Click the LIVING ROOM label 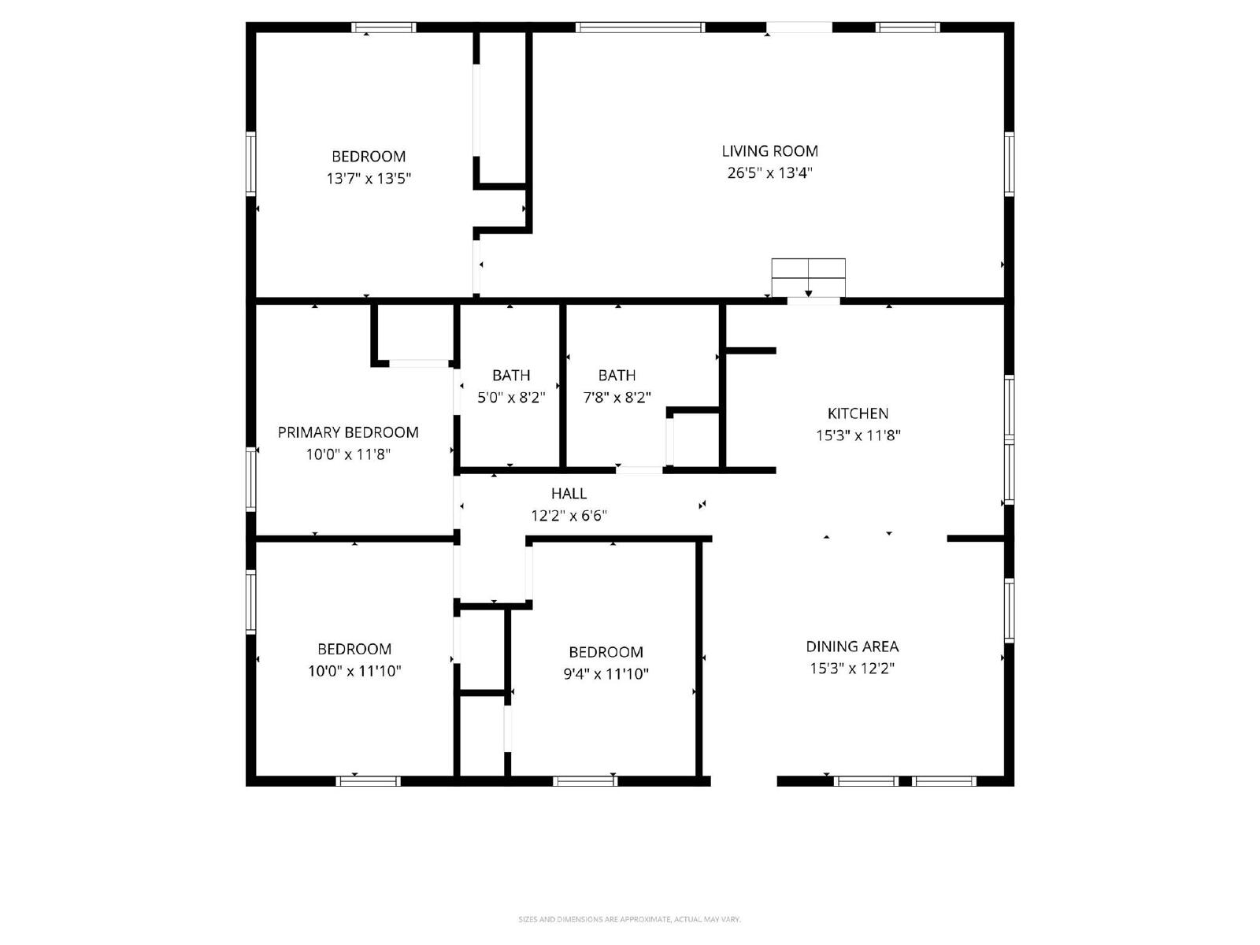(769, 151)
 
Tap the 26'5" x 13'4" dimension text (769, 172)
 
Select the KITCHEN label (858, 413)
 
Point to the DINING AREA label (852, 646)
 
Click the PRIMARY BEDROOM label (348, 432)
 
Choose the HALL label (569, 494)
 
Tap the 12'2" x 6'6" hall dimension (569, 515)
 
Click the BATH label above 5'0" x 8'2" (511, 376)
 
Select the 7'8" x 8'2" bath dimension (617, 397)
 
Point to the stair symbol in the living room (808, 278)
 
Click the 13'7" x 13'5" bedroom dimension (369, 178)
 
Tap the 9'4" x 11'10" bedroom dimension (606, 673)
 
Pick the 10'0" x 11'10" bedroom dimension (354, 670)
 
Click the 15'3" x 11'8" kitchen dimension (858, 435)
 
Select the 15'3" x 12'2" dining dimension (852, 668)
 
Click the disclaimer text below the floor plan (629, 919)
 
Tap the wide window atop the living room (640, 27)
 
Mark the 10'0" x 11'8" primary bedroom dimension (348, 454)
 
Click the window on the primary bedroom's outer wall (251, 479)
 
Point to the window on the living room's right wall (1009, 164)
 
